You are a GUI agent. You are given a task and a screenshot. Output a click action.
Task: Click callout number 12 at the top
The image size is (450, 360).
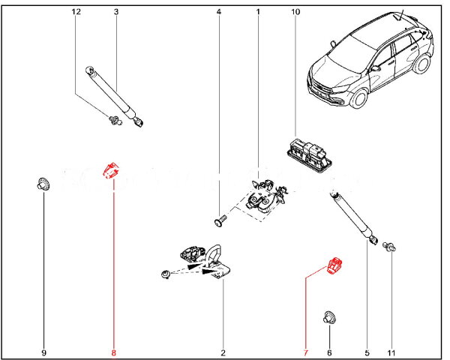click(x=74, y=13)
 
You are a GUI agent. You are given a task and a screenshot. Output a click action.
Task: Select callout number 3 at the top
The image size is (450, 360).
click(x=115, y=13)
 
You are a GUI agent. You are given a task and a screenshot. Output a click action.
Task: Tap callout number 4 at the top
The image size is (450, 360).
click(x=218, y=13)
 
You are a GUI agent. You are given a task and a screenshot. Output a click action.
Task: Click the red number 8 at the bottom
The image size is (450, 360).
click(x=114, y=352)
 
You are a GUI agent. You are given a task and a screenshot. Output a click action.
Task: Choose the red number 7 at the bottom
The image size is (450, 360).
click(x=305, y=352)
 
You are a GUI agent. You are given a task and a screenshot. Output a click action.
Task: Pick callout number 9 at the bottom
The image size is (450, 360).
click(x=43, y=352)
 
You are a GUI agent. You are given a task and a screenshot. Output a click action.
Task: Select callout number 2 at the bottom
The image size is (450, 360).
click(x=223, y=352)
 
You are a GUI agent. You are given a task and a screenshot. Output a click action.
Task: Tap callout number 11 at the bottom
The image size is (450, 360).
click(x=391, y=352)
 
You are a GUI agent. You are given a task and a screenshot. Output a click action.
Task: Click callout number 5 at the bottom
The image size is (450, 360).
click(x=367, y=352)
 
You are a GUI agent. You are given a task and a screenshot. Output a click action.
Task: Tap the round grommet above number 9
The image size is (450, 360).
click(x=44, y=182)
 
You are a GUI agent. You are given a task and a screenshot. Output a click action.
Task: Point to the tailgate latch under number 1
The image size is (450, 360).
click(x=262, y=196)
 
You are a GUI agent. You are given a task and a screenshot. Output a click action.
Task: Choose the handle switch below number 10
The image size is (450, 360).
click(x=308, y=153)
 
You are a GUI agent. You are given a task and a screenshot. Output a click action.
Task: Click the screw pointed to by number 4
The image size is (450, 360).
click(x=218, y=220)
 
